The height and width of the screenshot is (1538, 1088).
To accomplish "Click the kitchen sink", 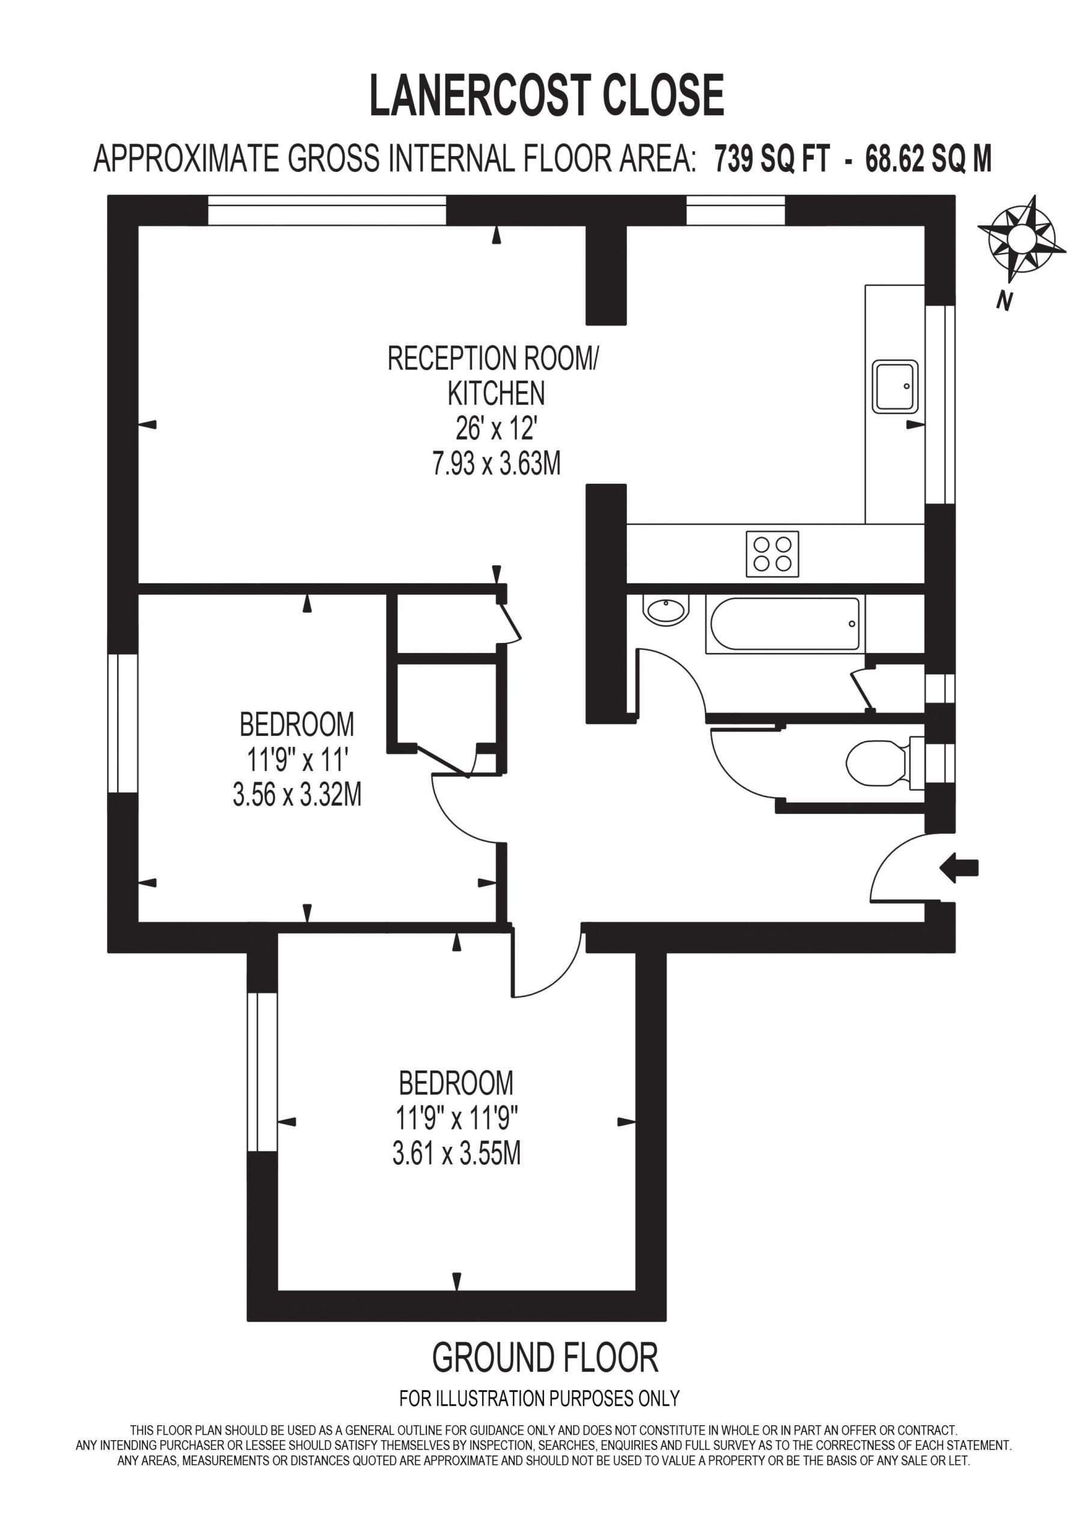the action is pos(895,386).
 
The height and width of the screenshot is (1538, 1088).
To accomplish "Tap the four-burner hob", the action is pos(772,554).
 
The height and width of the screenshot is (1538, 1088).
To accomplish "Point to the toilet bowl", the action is pos(877,763).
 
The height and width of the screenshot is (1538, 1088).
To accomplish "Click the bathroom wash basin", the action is pos(665,610).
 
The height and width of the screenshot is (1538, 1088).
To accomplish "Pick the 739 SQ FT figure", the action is pos(771,159).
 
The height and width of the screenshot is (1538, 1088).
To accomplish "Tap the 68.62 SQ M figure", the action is pos(929,159).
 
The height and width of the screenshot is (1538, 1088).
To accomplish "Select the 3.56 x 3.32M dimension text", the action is pos(297,795).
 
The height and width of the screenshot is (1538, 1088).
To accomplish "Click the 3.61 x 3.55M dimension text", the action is pos(456,1153).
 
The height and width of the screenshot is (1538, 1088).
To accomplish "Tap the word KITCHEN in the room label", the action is pos(496,393).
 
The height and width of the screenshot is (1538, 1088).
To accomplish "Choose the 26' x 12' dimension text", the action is pos(496,428).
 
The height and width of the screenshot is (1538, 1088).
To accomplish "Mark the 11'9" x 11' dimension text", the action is pos(297,759).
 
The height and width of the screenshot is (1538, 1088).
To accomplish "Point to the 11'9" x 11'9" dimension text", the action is pos(456,1118).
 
